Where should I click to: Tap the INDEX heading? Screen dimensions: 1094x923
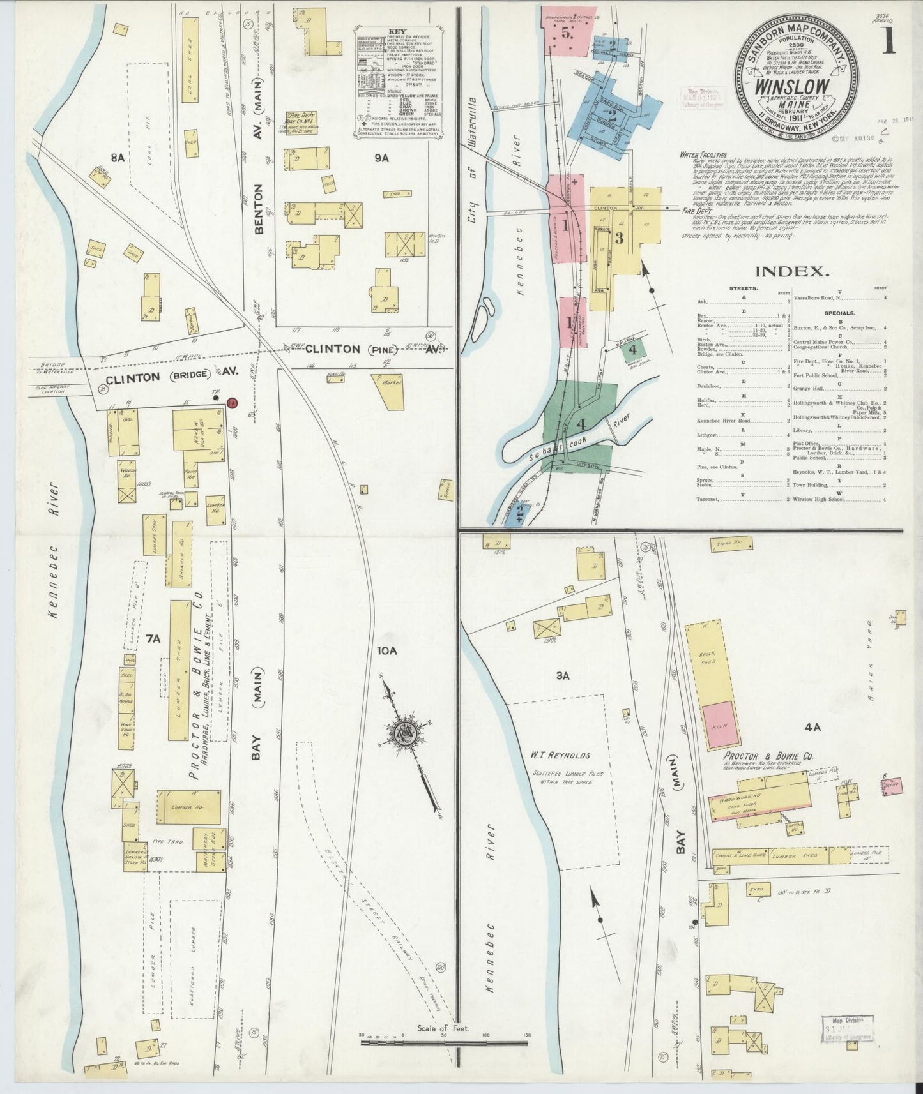[791, 271]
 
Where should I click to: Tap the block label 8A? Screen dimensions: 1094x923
[117, 156]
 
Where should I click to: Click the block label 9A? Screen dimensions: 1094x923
[381, 158]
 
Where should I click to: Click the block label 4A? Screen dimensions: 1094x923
[812, 726]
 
